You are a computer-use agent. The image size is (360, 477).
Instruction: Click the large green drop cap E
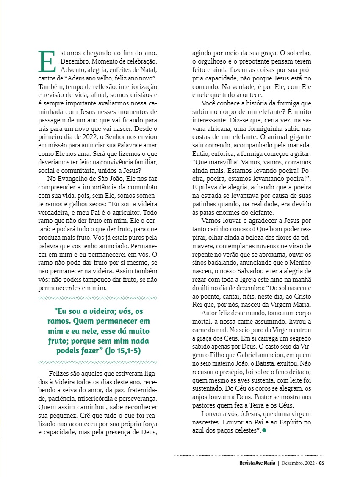(x=47, y=61)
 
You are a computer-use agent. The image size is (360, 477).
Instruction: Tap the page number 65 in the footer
(x=321, y=463)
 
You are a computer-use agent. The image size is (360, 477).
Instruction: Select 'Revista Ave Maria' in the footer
(x=257, y=463)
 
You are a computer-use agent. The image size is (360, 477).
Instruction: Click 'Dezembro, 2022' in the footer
(x=297, y=463)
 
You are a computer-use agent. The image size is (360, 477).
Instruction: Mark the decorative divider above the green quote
(x=97, y=298)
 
